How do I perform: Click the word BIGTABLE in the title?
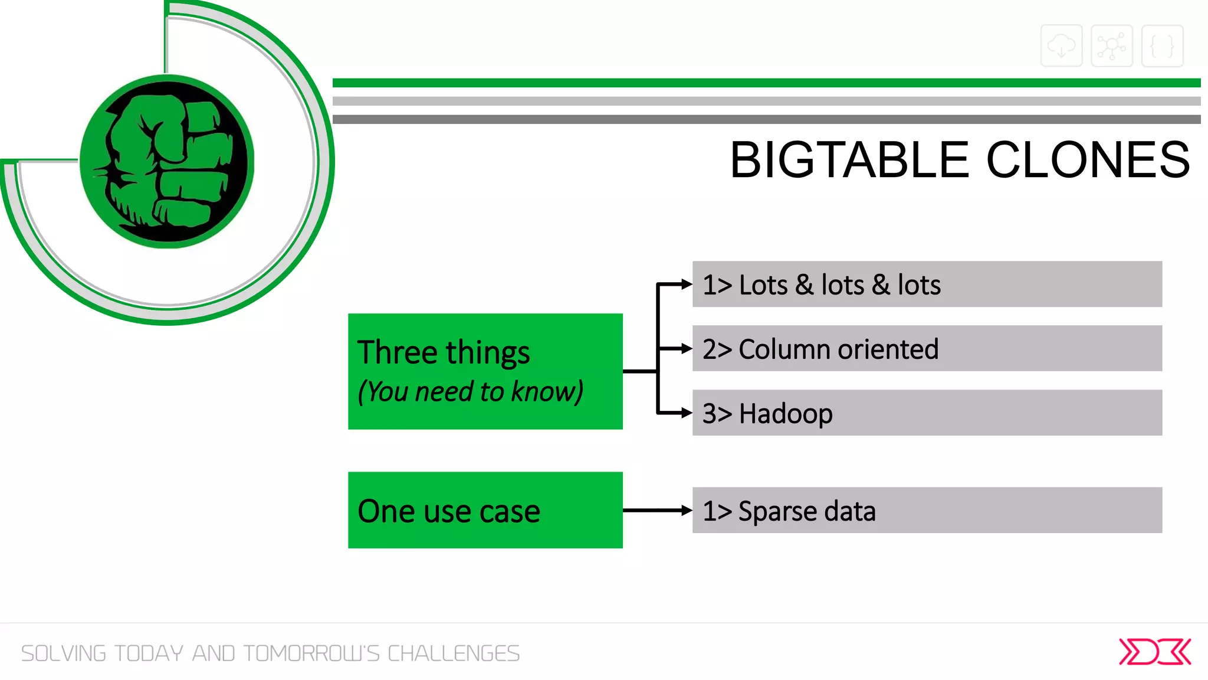pyautogui.click(x=849, y=160)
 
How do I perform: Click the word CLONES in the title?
pyautogui.click(x=1088, y=160)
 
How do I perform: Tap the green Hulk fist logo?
pyautogui.click(x=167, y=161)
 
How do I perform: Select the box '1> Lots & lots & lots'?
pyautogui.click(x=927, y=285)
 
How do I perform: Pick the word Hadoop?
pyautogui.click(x=786, y=413)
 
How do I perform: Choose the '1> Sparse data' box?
pyautogui.click(x=927, y=511)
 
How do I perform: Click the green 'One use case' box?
pyautogui.click(x=485, y=511)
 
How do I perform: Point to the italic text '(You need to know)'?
pyautogui.click(x=470, y=391)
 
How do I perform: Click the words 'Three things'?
pyautogui.click(x=444, y=352)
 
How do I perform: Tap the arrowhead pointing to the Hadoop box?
pyautogui.click(x=686, y=413)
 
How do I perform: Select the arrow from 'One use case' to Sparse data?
pyautogui.click(x=656, y=511)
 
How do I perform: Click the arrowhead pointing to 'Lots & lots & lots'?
pyautogui.click(x=686, y=285)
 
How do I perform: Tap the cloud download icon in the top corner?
pyautogui.click(x=1061, y=45)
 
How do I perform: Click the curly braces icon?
pyautogui.click(x=1162, y=45)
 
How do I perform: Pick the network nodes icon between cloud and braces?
pyautogui.click(x=1111, y=45)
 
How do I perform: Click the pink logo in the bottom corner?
pyautogui.click(x=1154, y=652)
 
